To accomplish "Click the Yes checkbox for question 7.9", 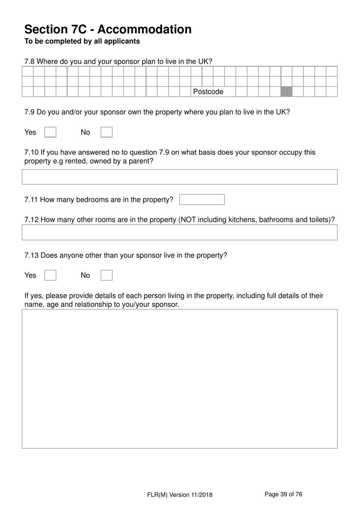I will [x=50, y=132].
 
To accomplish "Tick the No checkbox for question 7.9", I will [x=106, y=132].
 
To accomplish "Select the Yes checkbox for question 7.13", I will [x=50, y=275].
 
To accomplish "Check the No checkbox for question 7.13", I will [x=106, y=275].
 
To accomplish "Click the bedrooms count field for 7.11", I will [x=202, y=200].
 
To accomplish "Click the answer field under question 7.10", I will [x=180, y=177].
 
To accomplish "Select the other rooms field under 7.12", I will [x=180, y=233].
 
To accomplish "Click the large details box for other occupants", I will [x=180, y=379].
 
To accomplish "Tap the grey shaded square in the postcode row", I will [x=286, y=92].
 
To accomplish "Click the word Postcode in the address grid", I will [x=208, y=92].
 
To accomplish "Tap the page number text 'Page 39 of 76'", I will [x=283, y=494].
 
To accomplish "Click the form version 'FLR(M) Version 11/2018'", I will [x=180, y=495].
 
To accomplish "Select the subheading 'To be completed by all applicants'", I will [x=82, y=41].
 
